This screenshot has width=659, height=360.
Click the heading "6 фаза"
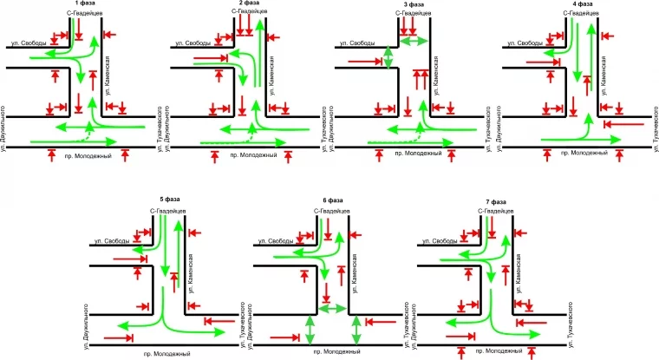click(334, 200)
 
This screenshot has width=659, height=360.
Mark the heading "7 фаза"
click(499, 200)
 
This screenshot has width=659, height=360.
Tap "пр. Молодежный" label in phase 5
click(167, 354)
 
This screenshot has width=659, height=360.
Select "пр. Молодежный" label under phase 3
click(418, 154)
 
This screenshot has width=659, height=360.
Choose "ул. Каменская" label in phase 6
click(356, 272)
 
